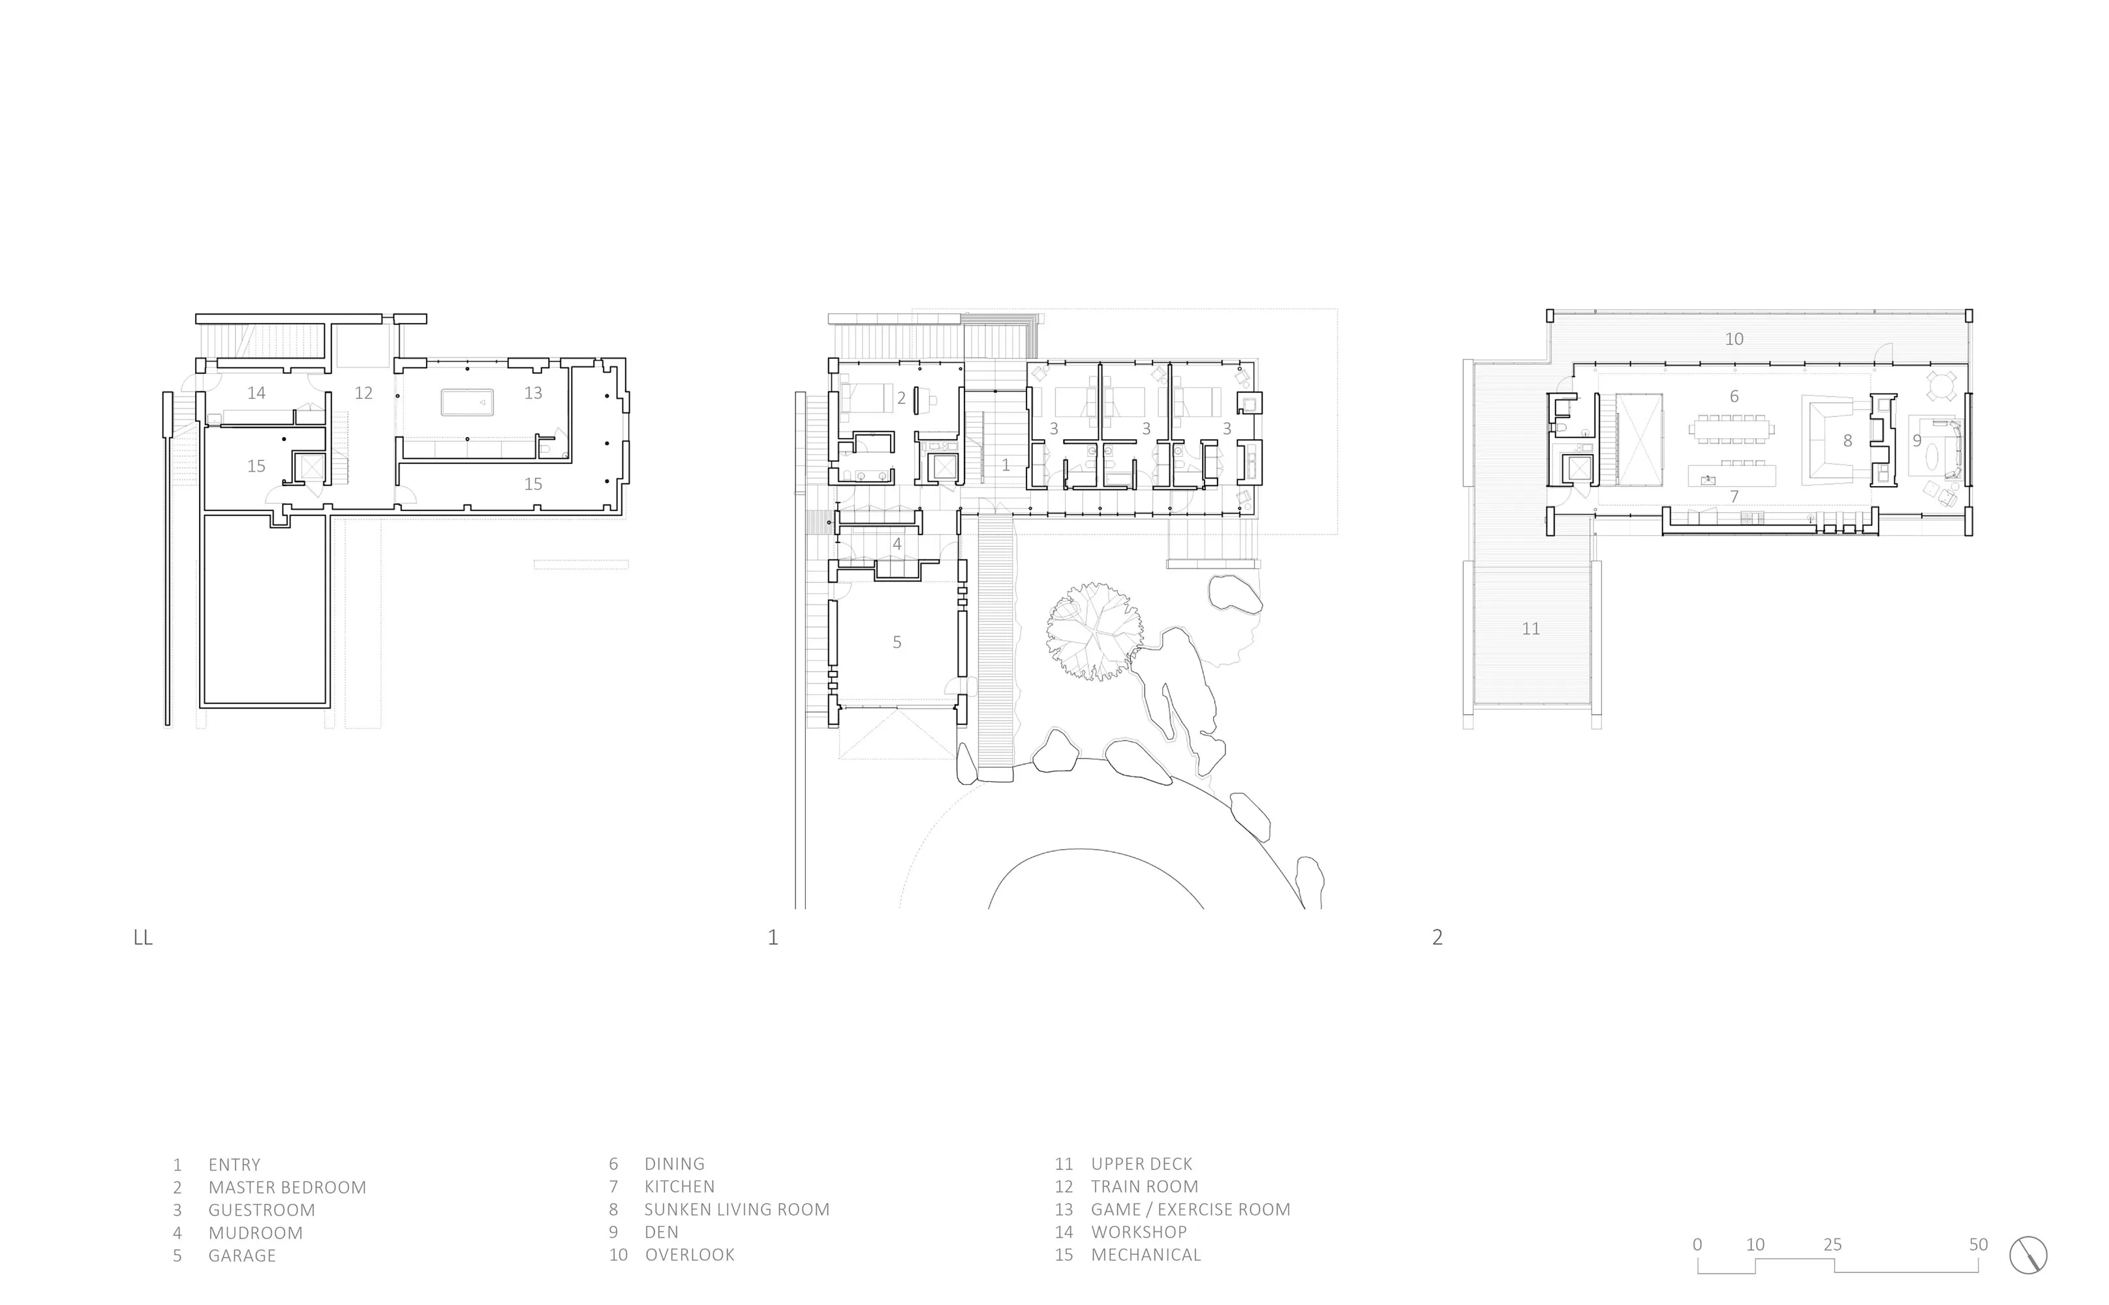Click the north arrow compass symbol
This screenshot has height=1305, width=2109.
click(2028, 1255)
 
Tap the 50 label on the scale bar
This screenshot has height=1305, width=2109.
click(1978, 1244)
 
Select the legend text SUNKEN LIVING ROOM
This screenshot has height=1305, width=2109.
click(736, 1209)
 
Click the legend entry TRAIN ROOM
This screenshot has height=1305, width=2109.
click(1145, 1187)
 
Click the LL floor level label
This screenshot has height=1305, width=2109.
click(144, 938)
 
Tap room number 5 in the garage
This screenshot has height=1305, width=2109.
click(897, 642)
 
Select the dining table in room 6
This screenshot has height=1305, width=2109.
click(1732, 429)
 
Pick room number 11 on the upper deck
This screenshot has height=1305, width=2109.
click(1531, 629)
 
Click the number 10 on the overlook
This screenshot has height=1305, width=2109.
click(1734, 339)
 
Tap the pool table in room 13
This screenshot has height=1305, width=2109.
click(467, 402)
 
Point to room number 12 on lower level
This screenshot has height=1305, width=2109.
click(363, 393)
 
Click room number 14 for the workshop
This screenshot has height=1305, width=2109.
click(256, 393)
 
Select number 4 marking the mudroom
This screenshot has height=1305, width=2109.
click(897, 544)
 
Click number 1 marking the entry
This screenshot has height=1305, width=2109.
click(1006, 465)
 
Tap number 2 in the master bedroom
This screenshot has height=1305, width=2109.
click(901, 399)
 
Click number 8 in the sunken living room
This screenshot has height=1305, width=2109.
click(1847, 441)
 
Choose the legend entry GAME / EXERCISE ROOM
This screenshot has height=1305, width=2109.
click(1190, 1209)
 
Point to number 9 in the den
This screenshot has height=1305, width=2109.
click(1917, 441)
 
